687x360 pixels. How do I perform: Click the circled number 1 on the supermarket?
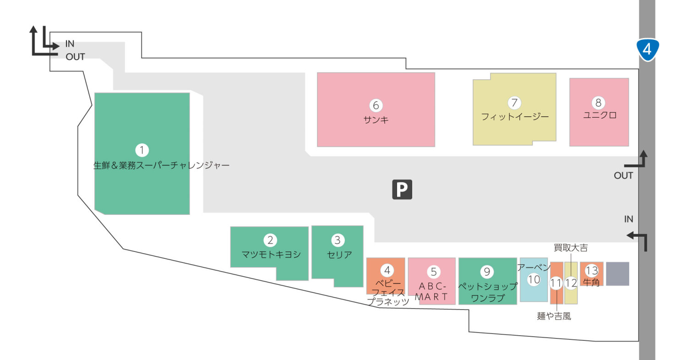[x=142, y=150]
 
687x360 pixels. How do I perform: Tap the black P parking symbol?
[x=402, y=190]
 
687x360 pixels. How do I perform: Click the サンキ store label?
[x=376, y=120]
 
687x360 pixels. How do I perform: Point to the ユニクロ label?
[x=599, y=115]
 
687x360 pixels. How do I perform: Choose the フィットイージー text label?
[x=514, y=116]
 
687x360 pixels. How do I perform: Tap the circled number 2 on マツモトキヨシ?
[x=270, y=240]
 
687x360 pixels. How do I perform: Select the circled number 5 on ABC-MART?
[x=433, y=272]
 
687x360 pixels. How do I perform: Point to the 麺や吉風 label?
[x=554, y=316]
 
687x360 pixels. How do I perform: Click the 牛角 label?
[x=591, y=282]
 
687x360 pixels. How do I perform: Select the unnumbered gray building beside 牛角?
[x=617, y=274]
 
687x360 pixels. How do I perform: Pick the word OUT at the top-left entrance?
[x=75, y=57]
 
